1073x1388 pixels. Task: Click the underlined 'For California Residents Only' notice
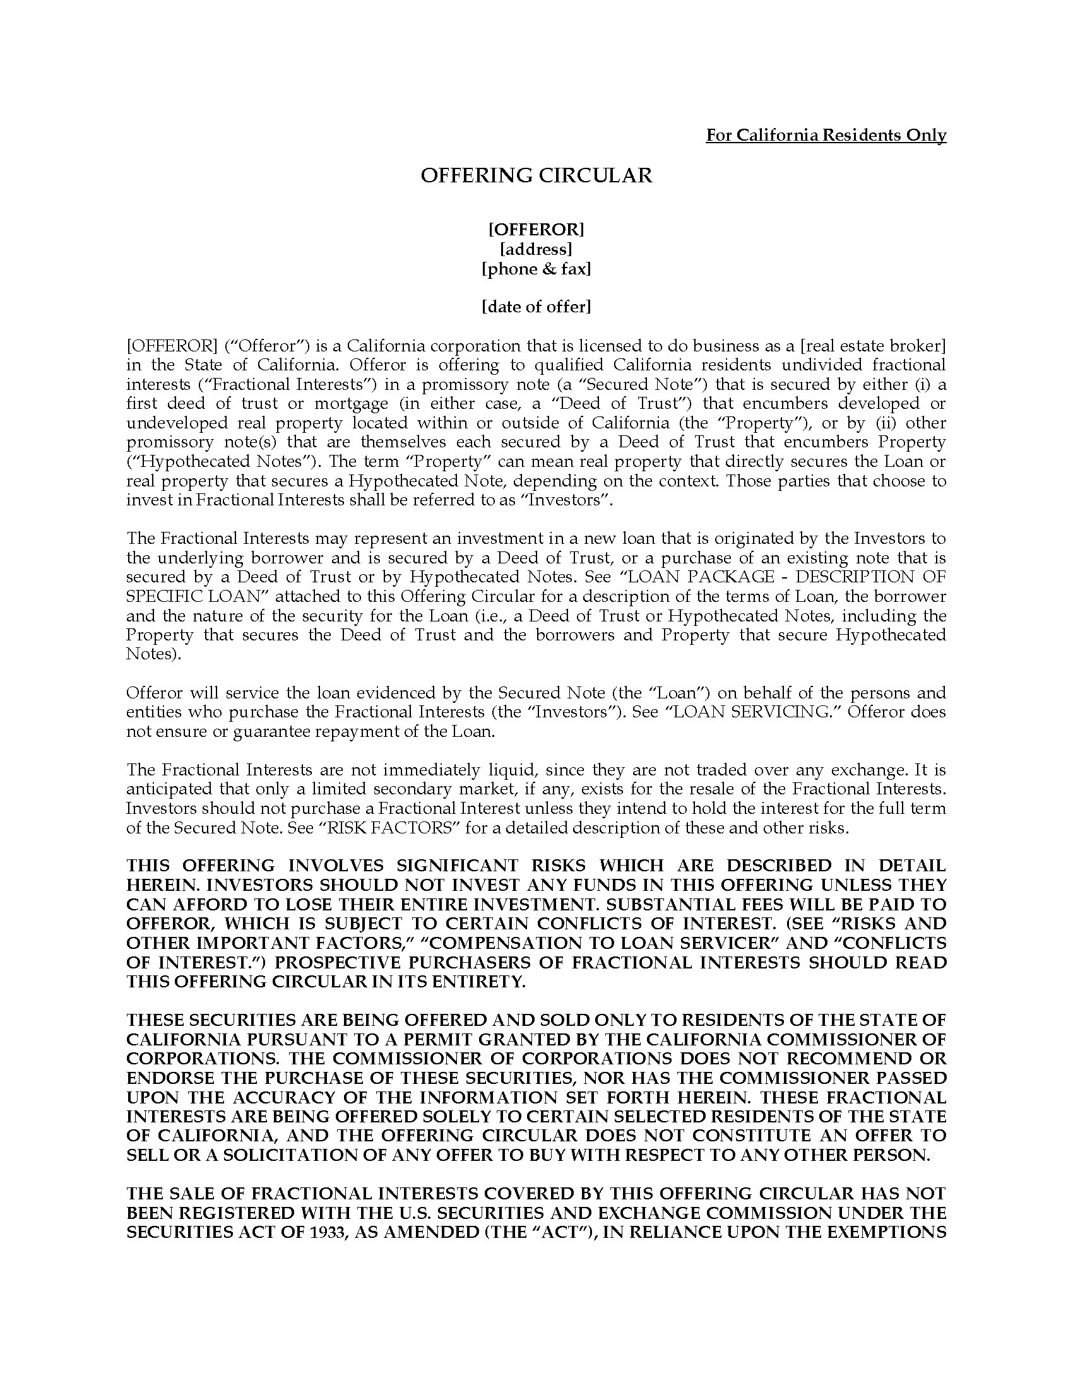[x=825, y=136]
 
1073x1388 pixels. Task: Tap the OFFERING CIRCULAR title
[x=536, y=175]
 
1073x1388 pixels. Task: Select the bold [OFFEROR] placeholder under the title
[x=536, y=229]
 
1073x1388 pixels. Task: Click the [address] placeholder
[x=536, y=249]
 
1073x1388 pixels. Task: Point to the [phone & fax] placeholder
[x=536, y=269]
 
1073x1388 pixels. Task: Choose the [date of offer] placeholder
[x=536, y=307]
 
